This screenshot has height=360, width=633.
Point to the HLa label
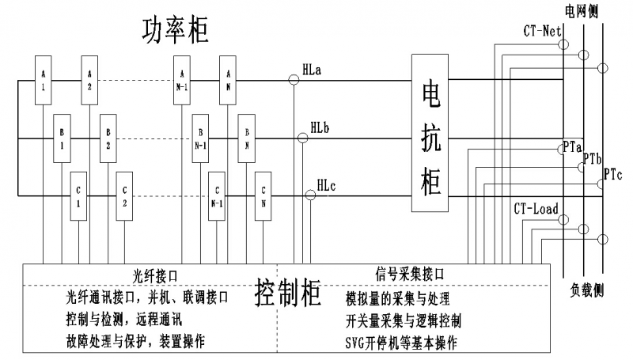(312, 70)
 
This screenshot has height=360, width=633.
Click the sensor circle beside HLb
(302, 138)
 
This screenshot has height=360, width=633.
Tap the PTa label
(573, 147)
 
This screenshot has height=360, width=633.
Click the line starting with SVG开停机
(401, 342)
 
